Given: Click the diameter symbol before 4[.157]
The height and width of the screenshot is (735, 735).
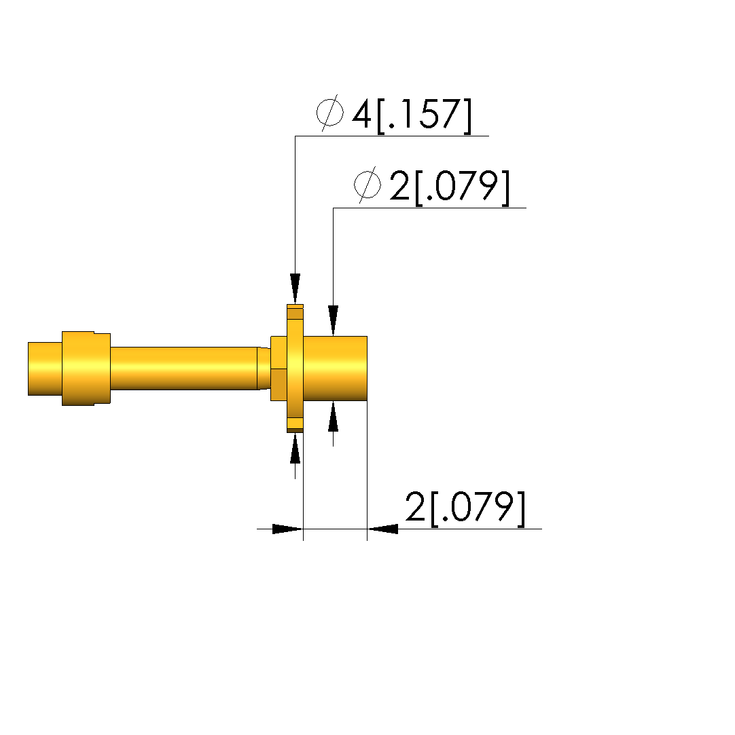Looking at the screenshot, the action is coord(330,113).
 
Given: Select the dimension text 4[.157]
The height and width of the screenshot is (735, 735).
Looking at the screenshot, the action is coord(412,115).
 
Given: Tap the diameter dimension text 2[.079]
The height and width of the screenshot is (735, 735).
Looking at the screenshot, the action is coord(449,187).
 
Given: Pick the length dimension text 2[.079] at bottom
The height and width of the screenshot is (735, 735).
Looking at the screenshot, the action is coord(465,508).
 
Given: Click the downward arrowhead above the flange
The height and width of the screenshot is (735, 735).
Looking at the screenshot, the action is coord(295,288).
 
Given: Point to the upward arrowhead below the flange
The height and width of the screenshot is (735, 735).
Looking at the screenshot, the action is coord(295,448).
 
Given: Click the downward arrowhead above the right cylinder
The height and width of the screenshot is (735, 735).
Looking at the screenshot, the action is coord(333,320).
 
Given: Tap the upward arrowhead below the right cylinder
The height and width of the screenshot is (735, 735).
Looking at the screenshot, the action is coord(333,416).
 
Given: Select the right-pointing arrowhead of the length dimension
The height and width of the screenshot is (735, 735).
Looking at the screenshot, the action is coord(287,529).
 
